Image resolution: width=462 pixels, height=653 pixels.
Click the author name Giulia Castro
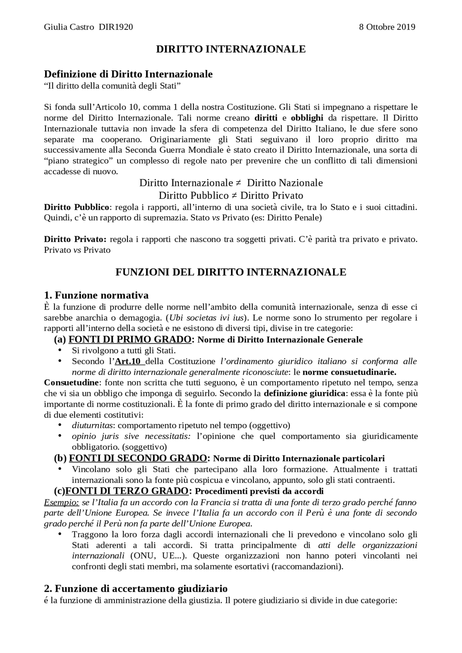click(69, 27)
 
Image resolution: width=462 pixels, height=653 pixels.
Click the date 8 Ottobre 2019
click(387, 27)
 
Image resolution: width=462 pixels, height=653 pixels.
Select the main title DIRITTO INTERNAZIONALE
click(231, 49)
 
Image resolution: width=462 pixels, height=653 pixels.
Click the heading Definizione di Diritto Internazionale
click(128, 74)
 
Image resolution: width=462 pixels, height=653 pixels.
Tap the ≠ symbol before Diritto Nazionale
click(238, 183)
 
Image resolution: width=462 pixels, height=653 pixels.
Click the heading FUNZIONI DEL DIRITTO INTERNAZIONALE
click(231, 272)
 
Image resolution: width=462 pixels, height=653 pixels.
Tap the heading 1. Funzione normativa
click(96, 295)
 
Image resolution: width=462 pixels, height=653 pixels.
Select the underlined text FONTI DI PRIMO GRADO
click(130, 340)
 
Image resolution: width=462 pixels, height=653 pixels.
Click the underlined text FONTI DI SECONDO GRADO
click(138, 459)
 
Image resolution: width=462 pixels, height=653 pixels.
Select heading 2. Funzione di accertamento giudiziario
click(136, 589)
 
